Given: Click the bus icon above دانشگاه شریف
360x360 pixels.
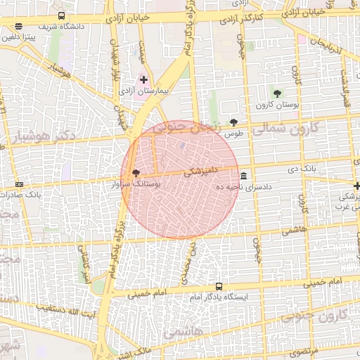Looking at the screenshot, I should tap(61, 15).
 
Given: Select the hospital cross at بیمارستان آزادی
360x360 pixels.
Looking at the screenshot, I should tap(143, 80).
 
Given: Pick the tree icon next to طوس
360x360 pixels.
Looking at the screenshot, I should tap(233, 122).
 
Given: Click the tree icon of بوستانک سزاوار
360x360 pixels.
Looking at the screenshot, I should tap(136, 172).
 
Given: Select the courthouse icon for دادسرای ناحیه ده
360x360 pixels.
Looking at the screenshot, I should tap(243, 175).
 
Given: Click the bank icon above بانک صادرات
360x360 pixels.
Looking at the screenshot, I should tap(19, 184).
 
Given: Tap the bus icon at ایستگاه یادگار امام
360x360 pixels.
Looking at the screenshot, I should tap(219, 286).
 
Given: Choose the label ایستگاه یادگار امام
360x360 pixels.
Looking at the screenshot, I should tap(219, 297).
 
